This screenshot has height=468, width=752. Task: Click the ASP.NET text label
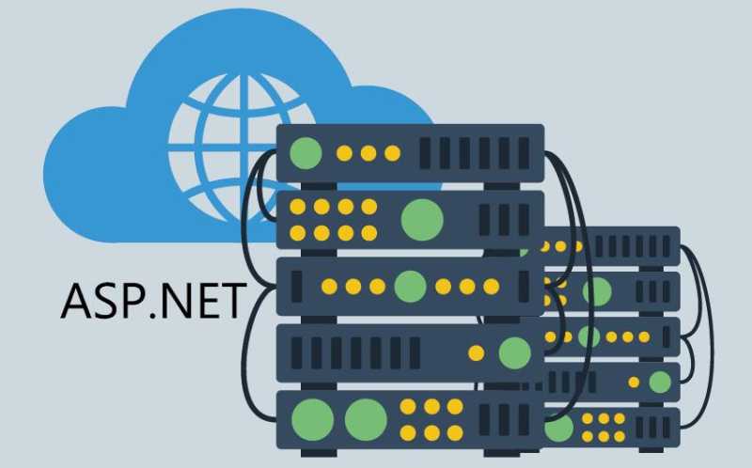coord(153,301)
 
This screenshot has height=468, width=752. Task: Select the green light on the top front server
coord(305,153)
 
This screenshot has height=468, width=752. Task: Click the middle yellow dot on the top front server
coord(368,153)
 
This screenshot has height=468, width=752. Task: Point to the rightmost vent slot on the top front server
coord(524,153)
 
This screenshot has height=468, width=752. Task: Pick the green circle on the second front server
coord(422,220)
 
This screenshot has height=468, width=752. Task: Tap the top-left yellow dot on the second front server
coord(297,207)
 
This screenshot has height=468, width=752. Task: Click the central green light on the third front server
coord(410,287)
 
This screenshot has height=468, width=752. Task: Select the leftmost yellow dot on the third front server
coord(329,287)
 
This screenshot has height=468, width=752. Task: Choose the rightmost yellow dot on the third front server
coord(491,287)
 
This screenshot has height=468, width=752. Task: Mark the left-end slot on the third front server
coord(297,287)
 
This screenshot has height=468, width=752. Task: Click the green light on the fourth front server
coord(514,353)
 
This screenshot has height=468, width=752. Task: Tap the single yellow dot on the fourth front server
coord(477,353)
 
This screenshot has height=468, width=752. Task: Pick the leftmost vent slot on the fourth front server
coord(297,353)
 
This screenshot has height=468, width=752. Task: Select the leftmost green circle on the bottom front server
coord(313,419)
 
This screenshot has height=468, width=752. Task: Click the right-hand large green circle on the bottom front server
coord(366,419)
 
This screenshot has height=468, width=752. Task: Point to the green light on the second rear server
coord(597,291)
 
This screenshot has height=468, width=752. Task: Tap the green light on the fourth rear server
coord(660,382)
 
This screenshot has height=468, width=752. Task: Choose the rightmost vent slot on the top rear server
coord(666,246)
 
